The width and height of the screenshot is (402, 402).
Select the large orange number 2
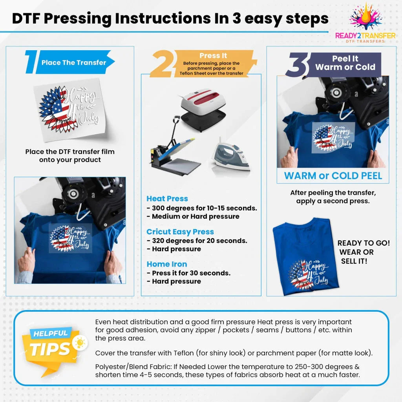point(161,65)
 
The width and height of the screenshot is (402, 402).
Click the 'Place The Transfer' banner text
point(74,62)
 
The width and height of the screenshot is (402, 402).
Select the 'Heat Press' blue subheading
point(167,199)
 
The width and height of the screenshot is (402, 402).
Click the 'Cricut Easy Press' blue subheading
point(180,232)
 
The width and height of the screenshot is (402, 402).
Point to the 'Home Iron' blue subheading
point(167,264)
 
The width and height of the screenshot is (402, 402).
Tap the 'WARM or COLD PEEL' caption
point(333,175)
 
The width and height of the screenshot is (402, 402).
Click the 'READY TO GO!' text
point(364,243)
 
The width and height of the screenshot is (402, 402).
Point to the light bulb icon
point(80,343)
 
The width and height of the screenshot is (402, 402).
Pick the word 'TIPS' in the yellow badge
point(50,349)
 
